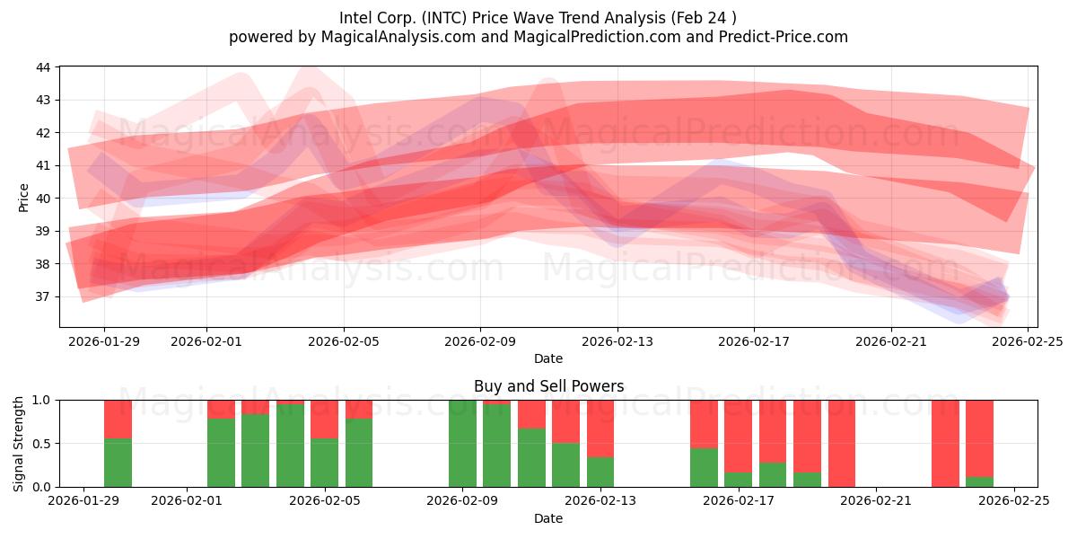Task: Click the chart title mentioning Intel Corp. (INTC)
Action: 538,17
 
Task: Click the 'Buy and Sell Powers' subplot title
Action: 548,387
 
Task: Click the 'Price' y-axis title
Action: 24,198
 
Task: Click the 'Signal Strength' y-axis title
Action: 19,444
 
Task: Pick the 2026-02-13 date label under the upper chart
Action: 617,341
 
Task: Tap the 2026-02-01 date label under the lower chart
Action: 187,501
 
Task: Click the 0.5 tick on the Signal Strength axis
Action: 42,444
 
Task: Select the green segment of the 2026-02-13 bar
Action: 600,472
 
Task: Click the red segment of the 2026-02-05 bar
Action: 325,419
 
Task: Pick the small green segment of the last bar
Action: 979,482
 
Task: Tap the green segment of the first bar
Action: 118,463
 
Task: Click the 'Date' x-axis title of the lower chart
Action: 548,518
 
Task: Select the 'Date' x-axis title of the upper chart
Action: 548,358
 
